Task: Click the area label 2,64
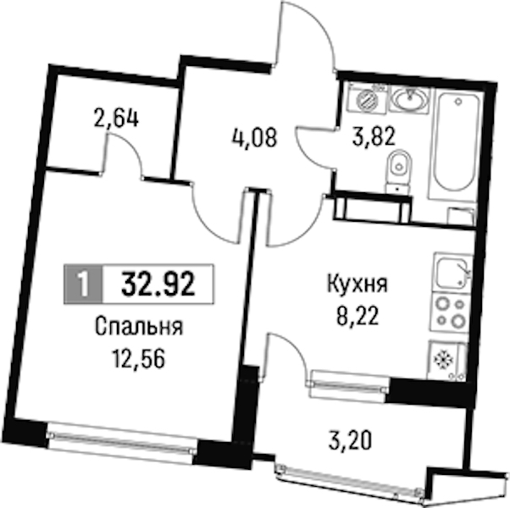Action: click(116, 119)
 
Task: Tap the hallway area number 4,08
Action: click(254, 137)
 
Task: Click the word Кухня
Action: click(358, 285)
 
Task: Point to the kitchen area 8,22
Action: click(358, 316)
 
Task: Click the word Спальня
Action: click(139, 327)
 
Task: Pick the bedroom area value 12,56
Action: click(138, 359)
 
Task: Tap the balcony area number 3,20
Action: click(350, 441)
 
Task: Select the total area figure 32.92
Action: click(158, 284)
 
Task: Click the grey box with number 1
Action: click(83, 284)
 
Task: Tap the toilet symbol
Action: click(398, 171)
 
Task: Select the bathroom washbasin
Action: click(410, 98)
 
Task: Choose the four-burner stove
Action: click(450, 312)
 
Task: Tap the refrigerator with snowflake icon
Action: click(447, 360)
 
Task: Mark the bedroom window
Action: click(122, 442)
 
